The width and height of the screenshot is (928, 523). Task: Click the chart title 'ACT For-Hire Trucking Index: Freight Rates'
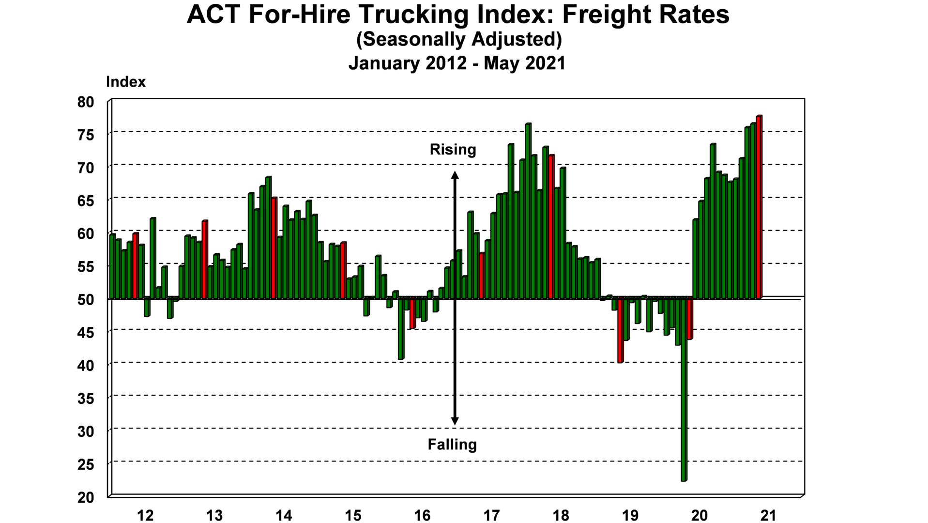pyautogui.click(x=458, y=15)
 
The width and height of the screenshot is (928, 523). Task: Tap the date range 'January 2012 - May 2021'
pyautogui.click(x=457, y=63)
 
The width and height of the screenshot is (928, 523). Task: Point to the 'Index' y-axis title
pyautogui.click(x=125, y=82)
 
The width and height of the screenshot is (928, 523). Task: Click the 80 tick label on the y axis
pyautogui.click(x=85, y=102)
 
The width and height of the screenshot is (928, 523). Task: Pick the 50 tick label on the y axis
pyautogui.click(x=85, y=300)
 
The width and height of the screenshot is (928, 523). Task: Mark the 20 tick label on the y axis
pyautogui.click(x=85, y=497)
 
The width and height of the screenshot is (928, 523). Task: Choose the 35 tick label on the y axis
pyautogui.click(x=85, y=399)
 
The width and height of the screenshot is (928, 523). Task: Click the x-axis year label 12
pyautogui.click(x=145, y=516)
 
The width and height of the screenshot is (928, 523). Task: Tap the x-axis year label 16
pyautogui.click(x=422, y=516)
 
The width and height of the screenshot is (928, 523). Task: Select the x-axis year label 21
pyautogui.click(x=768, y=516)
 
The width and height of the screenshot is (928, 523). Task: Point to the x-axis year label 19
pyautogui.click(x=630, y=516)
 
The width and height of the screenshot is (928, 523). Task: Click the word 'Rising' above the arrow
pyautogui.click(x=453, y=150)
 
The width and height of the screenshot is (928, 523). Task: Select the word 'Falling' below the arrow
pyautogui.click(x=452, y=445)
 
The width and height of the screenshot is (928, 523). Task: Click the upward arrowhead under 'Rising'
pyautogui.click(x=455, y=174)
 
